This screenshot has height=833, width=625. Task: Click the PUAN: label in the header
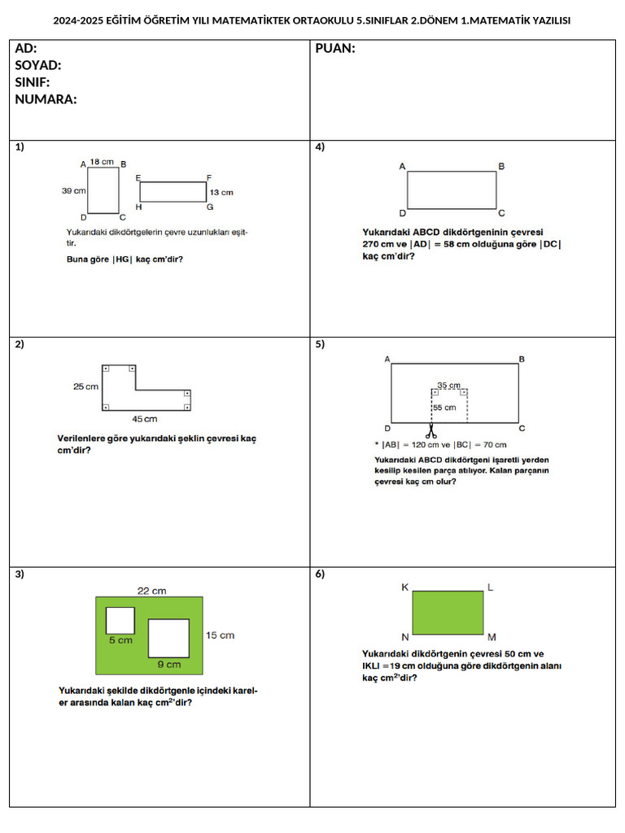click(334, 49)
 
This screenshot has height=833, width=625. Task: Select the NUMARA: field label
click(46, 99)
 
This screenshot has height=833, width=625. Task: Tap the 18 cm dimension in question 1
click(102, 162)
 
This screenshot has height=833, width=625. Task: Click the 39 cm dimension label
click(73, 190)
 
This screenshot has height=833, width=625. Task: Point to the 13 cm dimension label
click(221, 193)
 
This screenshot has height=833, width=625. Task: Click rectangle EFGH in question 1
click(173, 191)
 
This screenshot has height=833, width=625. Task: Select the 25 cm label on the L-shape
click(85, 386)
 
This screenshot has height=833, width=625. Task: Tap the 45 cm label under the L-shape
click(145, 419)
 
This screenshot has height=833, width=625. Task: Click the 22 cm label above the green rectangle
click(152, 591)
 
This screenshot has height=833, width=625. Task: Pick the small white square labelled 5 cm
click(120, 620)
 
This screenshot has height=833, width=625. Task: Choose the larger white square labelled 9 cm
click(168, 638)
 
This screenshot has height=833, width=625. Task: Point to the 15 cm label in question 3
click(220, 635)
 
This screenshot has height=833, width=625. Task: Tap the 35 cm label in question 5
click(448, 385)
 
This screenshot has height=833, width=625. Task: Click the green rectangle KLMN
click(448, 613)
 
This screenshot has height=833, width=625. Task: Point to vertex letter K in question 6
click(404, 587)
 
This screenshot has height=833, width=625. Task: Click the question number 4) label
click(320, 147)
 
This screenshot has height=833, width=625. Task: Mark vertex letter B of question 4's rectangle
click(501, 166)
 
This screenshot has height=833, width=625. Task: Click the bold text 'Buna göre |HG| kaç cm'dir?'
click(130, 259)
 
